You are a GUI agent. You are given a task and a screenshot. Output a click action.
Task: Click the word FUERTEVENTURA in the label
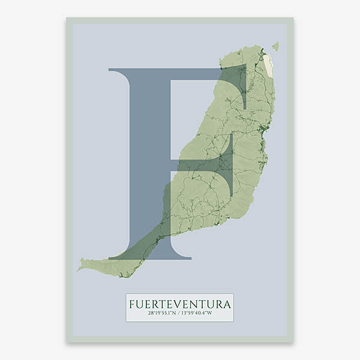(x=179, y=304)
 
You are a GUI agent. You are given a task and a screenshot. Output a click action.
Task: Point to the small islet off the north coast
(x=275, y=46)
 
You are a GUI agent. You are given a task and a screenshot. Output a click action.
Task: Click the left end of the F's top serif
(x=110, y=70)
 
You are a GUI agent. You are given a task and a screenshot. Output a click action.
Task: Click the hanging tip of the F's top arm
(x=245, y=102)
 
